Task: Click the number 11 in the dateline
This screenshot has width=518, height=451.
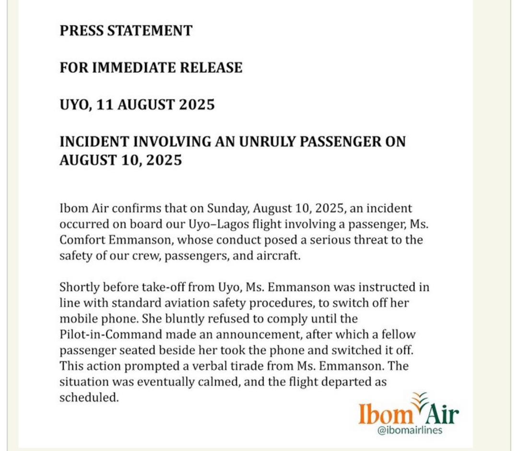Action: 104,105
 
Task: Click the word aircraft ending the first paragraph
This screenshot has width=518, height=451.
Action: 279,256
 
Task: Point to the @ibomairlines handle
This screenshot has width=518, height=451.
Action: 410,430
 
